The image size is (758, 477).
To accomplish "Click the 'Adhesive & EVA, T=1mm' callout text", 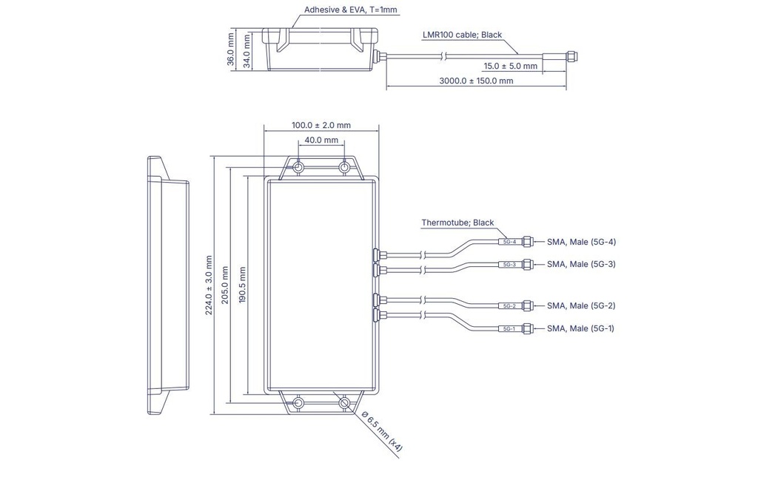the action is tap(350, 10).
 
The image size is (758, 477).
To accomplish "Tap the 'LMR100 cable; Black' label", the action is tap(462, 35).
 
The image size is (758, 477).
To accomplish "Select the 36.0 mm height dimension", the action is tap(231, 49).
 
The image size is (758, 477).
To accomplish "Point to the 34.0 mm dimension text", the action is tap(246, 51).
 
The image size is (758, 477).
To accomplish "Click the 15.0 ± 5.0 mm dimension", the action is tap(511, 66).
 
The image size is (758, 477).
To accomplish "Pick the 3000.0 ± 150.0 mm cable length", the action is tap(476, 81).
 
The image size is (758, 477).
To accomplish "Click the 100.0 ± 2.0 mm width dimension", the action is tap(321, 125).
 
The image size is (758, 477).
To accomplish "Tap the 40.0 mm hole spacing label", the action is tap(321, 140).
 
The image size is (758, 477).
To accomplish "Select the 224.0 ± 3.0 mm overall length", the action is tap(209, 285).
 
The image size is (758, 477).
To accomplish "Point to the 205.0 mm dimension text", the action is tap(225, 285).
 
